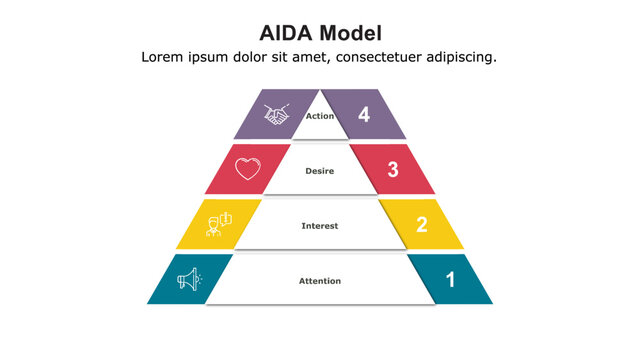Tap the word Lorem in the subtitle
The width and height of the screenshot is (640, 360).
pyautogui.click(x=163, y=57)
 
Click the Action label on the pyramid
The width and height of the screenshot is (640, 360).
pyautogui.click(x=320, y=116)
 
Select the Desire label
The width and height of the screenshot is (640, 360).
pyautogui.click(x=320, y=171)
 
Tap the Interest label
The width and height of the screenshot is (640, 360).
pyautogui.click(x=320, y=226)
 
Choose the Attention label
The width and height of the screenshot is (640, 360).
pyautogui.click(x=320, y=281)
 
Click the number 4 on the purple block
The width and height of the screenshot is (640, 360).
pyautogui.click(x=364, y=115)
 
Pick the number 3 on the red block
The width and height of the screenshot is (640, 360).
pyautogui.click(x=393, y=170)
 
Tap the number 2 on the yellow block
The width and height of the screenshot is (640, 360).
pyautogui.click(x=421, y=225)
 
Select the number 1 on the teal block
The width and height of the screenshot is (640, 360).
pyautogui.click(x=450, y=280)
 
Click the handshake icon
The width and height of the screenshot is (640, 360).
pyautogui.click(x=276, y=115)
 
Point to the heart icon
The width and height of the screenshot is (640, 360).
pyautogui.click(x=247, y=169)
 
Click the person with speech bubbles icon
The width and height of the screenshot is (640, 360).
pyautogui.click(x=218, y=224)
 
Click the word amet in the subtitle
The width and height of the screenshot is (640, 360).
pyautogui.click(x=306, y=57)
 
